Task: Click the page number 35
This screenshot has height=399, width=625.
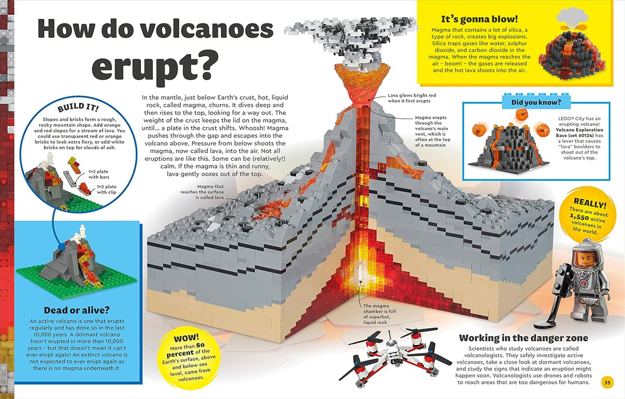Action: tap(607, 382)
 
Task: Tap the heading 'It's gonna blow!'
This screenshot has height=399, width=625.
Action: tap(479, 19)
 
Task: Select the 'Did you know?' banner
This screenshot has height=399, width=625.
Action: tap(536, 102)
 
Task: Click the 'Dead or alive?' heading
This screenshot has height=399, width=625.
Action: tap(77, 310)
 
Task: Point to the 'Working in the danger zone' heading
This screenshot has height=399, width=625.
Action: tap(523, 338)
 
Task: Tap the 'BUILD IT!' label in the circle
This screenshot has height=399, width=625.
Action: tap(78, 107)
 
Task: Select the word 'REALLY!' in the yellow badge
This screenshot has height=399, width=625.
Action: tap(590, 203)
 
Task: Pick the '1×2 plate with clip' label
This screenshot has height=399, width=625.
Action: tap(107, 189)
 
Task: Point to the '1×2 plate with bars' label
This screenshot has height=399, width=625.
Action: tap(99, 174)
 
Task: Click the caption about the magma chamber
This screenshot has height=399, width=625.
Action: tap(376, 314)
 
